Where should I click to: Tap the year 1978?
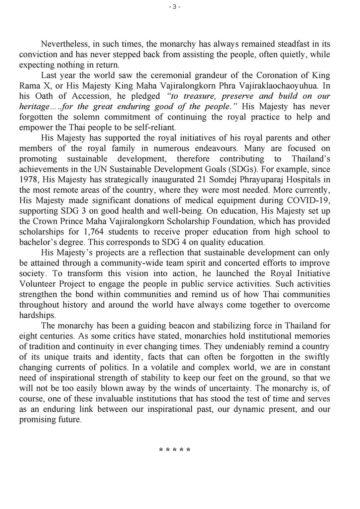pyautogui.click(x=28, y=180)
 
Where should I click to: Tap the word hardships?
pyautogui.click(x=37, y=315)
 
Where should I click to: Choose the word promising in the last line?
pyautogui.click(x=38, y=420)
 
